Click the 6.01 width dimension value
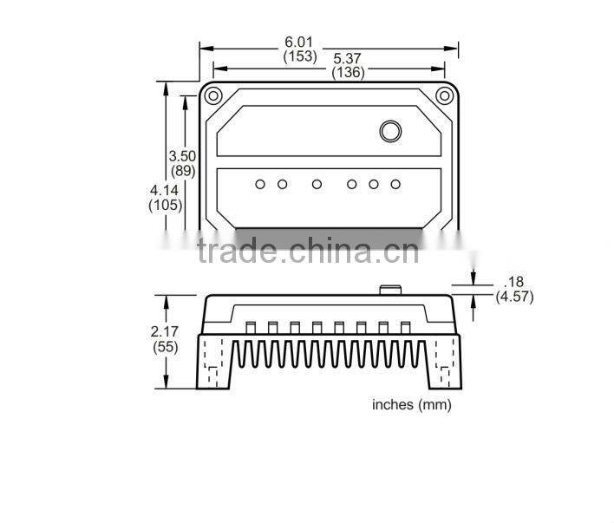299,42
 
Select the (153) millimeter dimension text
299,56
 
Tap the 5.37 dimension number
348,59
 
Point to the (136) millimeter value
348,73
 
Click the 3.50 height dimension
183,155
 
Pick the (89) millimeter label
183,170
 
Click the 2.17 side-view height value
165,331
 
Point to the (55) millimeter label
165,346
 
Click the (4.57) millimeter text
514,297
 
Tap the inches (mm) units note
412,404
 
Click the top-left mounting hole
214,95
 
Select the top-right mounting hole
444,95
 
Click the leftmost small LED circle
260,184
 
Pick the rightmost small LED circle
395,184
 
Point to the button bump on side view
389,290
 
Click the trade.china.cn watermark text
308,251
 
